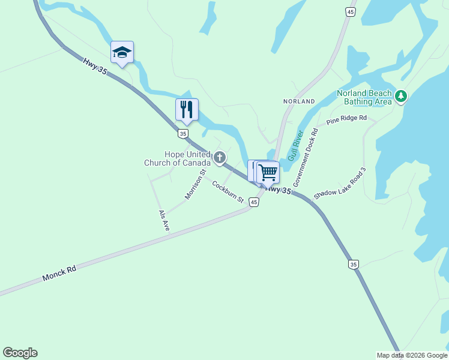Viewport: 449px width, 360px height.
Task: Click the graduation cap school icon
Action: click(x=122, y=52)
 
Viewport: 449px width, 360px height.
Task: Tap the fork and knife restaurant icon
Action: click(x=187, y=109)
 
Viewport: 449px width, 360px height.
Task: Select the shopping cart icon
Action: click(x=268, y=172)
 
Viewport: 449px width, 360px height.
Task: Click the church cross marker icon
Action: click(x=220, y=158)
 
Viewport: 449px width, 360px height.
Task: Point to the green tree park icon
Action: click(x=401, y=96)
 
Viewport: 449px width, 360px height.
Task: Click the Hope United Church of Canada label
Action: click(x=177, y=158)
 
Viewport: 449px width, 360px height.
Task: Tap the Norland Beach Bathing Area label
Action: click(x=364, y=97)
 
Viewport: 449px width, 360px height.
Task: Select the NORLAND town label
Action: click(x=299, y=101)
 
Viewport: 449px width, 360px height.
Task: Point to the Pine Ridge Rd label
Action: click(x=346, y=119)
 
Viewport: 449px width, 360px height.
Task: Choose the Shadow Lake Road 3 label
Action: click(x=340, y=184)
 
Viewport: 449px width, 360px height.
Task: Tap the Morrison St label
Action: click(x=196, y=184)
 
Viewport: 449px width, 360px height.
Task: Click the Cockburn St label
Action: click(x=228, y=191)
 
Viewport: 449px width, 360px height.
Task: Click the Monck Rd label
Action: click(x=59, y=274)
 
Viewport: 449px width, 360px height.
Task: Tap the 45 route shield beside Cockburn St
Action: click(x=255, y=203)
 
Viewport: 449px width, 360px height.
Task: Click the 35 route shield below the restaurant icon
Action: click(x=183, y=133)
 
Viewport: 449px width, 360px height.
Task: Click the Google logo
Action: click(x=20, y=353)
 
